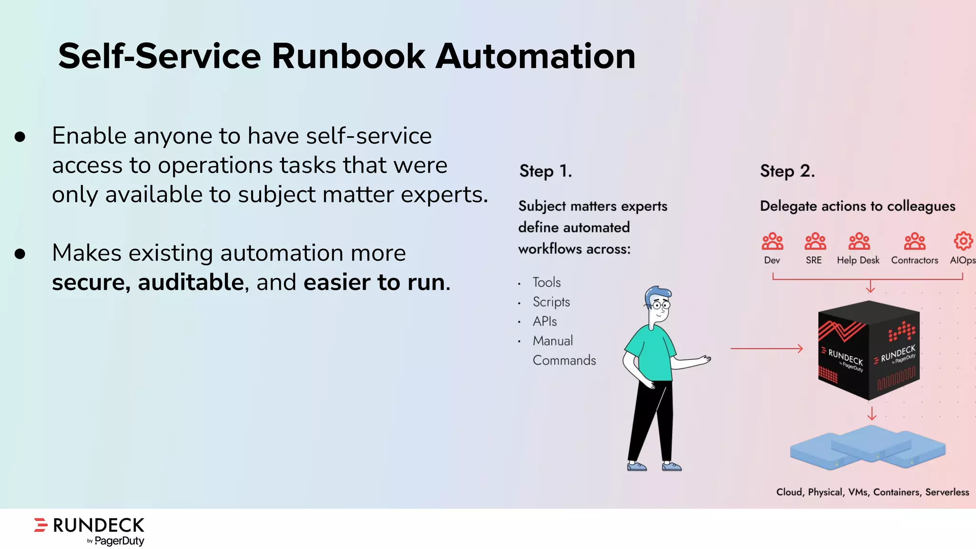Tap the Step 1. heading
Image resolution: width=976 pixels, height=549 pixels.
click(x=546, y=171)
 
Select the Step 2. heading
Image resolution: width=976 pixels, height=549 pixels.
click(x=787, y=171)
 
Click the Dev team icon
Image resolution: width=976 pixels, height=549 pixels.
click(x=772, y=242)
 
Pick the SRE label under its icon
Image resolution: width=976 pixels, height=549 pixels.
click(x=813, y=260)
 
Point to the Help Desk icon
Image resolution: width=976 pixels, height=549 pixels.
click(x=859, y=242)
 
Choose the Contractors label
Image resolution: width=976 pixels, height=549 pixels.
click(x=915, y=260)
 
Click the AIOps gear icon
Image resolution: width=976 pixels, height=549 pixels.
click(x=963, y=241)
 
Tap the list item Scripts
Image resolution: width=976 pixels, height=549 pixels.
click(x=551, y=302)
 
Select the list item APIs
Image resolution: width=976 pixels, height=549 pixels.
click(x=545, y=321)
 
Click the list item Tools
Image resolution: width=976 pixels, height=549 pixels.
click(x=547, y=282)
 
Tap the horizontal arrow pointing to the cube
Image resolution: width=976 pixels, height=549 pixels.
click(x=766, y=349)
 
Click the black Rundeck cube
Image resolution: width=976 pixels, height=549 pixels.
click(x=869, y=350)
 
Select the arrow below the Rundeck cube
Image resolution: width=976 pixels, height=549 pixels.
click(x=872, y=413)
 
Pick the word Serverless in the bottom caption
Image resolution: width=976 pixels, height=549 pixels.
click(x=947, y=492)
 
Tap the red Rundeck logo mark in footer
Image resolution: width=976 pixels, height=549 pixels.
click(x=41, y=525)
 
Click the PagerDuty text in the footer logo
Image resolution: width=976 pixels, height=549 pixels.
click(x=119, y=541)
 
